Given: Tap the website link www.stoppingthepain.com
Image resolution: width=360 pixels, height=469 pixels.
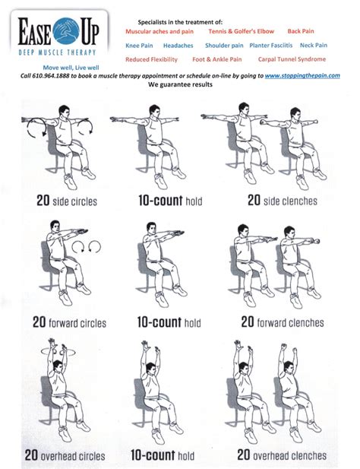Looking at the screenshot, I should (x=302, y=75).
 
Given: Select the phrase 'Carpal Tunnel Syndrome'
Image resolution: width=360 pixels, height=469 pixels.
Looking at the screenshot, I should (x=292, y=59).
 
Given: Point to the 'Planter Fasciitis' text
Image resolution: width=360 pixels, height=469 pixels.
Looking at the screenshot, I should (x=271, y=46).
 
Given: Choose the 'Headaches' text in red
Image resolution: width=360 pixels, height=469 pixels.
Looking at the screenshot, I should (x=178, y=46).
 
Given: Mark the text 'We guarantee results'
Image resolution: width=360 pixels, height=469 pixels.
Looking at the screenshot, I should (x=180, y=84).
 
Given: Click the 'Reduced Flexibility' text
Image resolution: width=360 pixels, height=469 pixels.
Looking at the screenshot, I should (x=151, y=59).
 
